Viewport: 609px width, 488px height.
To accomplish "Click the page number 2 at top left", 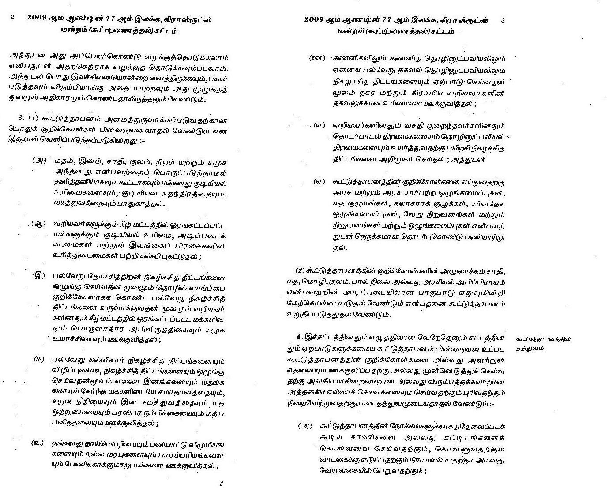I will point(12,18).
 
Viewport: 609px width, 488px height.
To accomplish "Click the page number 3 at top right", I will point(504,20).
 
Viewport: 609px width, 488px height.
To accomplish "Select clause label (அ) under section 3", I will point(40,160).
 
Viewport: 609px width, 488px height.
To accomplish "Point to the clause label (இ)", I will point(39,276).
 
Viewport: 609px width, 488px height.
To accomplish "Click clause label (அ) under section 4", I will point(305,426).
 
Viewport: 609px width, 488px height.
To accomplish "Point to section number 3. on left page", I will point(20,119).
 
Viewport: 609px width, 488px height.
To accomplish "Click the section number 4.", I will point(300,337).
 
